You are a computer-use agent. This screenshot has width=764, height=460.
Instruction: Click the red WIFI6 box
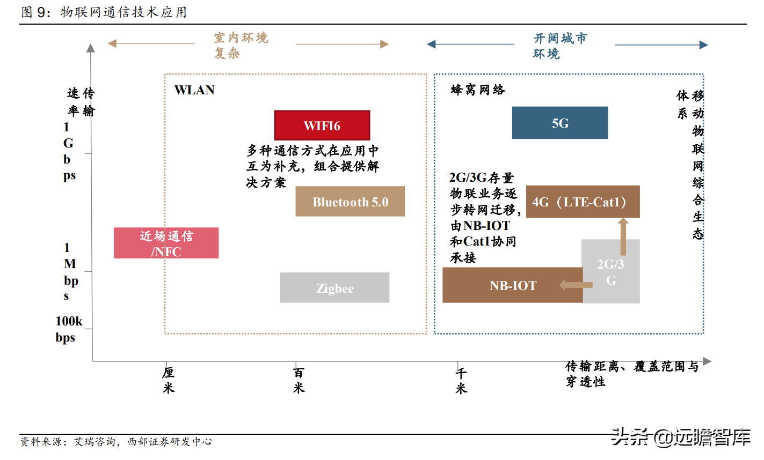click(x=322, y=125)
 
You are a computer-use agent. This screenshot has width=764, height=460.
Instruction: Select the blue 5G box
click(x=559, y=123)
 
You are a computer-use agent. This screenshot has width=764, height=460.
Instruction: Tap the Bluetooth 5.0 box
click(x=350, y=202)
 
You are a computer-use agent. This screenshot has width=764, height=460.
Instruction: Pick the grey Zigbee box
click(x=334, y=288)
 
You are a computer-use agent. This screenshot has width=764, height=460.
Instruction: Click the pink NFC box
click(x=166, y=243)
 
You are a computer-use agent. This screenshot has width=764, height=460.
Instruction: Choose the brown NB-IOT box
click(x=512, y=286)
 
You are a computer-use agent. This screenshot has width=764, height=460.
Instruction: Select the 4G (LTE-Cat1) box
click(x=583, y=202)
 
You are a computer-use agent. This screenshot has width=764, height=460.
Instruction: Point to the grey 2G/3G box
click(x=611, y=271)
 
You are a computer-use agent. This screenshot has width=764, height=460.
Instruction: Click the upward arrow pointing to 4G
click(x=623, y=236)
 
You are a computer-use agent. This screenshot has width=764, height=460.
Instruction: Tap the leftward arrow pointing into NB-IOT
click(x=575, y=285)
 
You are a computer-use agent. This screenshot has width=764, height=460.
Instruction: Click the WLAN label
click(x=194, y=90)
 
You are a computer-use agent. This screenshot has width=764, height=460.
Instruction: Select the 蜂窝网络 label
click(x=478, y=90)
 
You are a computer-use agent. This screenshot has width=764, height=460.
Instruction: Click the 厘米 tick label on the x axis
click(x=169, y=380)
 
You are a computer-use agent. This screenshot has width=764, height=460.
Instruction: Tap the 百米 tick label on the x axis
click(x=299, y=380)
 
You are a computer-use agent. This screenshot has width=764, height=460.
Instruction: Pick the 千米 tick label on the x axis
click(x=461, y=381)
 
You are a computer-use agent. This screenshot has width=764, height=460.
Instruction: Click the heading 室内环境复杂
click(x=241, y=45)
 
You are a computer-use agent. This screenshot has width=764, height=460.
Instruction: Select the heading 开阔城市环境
click(x=560, y=46)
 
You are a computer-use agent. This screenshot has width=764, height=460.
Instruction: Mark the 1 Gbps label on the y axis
click(x=68, y=151)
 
